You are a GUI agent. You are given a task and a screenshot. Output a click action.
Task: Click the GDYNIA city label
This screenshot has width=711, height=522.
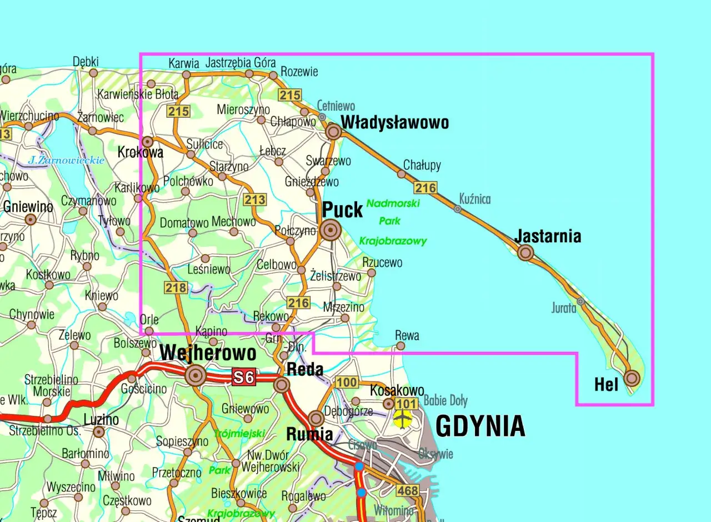480,426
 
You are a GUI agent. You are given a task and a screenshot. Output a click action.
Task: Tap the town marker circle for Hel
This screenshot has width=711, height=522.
632,379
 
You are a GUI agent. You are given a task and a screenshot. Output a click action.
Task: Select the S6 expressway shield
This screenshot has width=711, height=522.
243,377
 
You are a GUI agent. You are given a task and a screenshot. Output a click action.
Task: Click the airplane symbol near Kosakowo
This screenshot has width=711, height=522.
401,417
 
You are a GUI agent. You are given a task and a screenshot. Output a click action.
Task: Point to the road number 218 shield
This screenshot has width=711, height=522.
175,287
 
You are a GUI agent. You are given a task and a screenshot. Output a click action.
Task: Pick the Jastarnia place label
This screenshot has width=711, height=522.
548,236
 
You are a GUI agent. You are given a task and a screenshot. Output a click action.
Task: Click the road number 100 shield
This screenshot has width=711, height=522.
347,382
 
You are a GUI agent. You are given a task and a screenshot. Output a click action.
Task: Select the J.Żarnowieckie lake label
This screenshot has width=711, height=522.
67,161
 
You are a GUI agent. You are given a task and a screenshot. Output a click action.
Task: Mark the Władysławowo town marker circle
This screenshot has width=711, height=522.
333,132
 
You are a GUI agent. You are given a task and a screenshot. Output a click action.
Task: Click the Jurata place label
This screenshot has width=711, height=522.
564,308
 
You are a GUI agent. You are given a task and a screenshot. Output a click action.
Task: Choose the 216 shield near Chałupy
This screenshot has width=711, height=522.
425,188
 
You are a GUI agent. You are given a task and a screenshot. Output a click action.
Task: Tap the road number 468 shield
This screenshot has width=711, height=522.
407,490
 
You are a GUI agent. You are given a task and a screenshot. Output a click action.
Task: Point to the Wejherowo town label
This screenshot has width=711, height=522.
208,353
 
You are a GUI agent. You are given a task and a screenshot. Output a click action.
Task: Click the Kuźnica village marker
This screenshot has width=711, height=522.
457,209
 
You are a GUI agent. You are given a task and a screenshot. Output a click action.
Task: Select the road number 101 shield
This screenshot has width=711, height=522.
407,403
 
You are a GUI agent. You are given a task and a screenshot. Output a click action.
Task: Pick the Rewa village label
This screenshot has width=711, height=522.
407,335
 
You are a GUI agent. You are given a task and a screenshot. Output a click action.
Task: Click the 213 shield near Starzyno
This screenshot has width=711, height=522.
255,200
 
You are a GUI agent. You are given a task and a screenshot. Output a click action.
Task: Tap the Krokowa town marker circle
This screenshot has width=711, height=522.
147,142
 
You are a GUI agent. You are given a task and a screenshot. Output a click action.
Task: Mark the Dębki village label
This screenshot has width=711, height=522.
86,62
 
